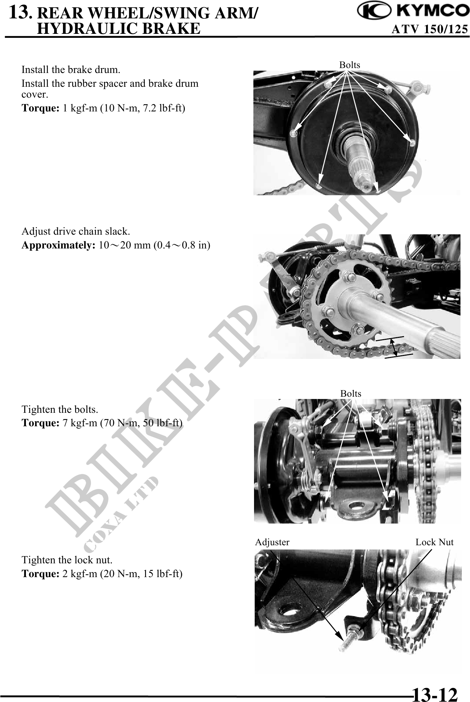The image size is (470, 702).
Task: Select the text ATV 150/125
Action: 430,30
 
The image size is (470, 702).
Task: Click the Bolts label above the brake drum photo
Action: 350,65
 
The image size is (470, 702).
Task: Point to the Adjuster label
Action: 272,542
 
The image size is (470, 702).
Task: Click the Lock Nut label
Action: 434,542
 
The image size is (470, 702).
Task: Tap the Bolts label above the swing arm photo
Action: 351,393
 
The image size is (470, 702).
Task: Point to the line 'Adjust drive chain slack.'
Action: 76,231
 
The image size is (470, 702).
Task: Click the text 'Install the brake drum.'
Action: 71,70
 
